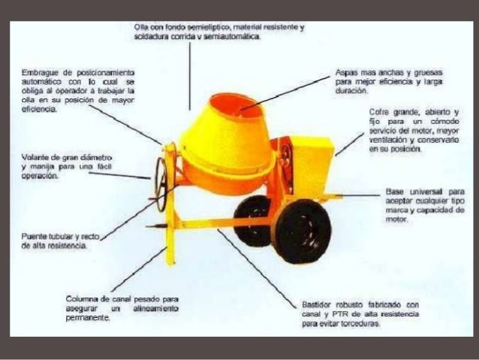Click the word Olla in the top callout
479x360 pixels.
pos(140,28)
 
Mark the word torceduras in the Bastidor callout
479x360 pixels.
pos(357,324)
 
